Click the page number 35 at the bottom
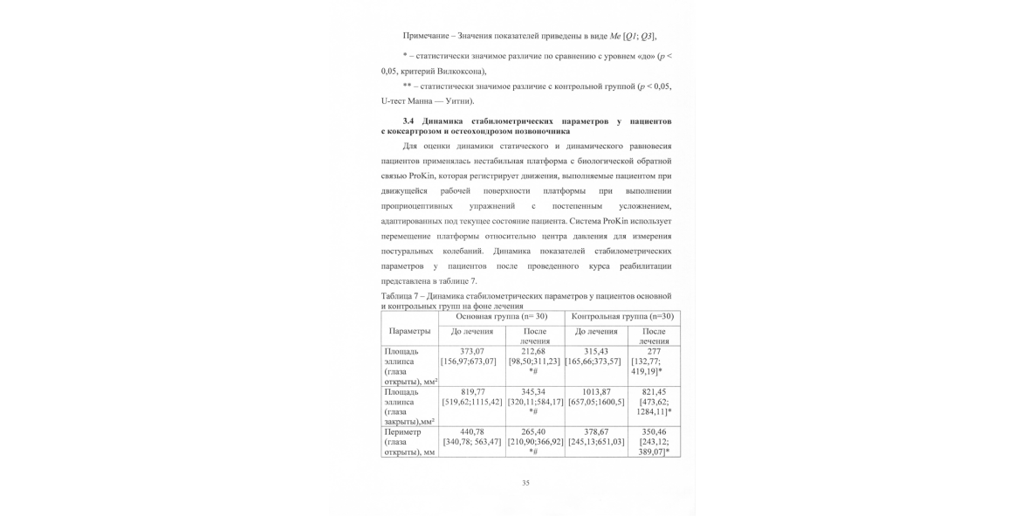(525, 483)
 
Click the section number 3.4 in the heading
(409, 121)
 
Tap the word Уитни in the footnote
(458, 101)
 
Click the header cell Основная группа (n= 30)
(501, 316)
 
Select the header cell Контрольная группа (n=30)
(622, 316)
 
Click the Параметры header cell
(409, 332)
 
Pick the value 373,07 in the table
(471, 351)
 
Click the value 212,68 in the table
(533, 351)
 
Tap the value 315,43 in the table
(595, 351)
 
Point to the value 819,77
(472, 392)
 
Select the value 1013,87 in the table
(596, 392)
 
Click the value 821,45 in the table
(654, 392)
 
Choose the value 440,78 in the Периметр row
(471, 431)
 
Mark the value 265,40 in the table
(533, 431)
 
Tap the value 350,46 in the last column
(654, 431)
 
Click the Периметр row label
(403, 431)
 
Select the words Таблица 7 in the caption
(403, 296)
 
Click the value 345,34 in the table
(533, 392)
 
